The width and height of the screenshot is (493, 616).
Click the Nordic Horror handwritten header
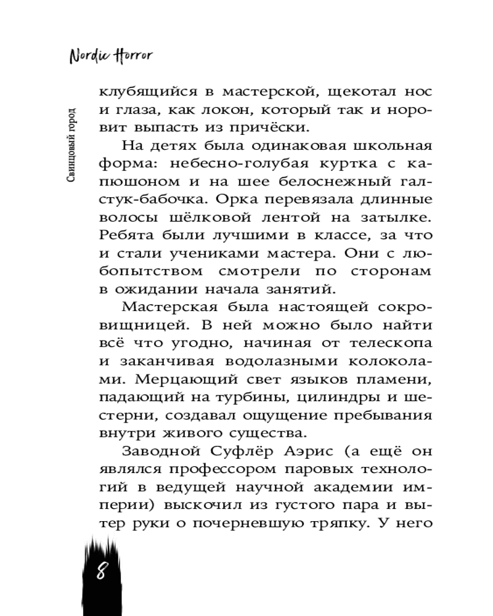(x=110, y=55)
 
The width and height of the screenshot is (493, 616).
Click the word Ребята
(x=127, y=235)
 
